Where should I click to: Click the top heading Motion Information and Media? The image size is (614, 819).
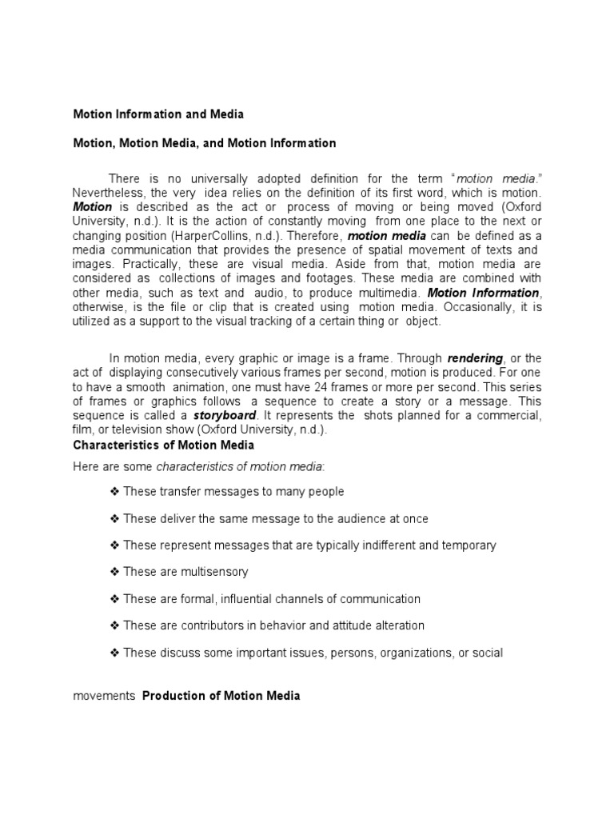pyautogui.click(x=158, y=114)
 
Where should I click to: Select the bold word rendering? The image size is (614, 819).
pyautogui.click(x=475, y=358)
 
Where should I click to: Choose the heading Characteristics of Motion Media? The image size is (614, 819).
pyautogui.click(x=163, y=445)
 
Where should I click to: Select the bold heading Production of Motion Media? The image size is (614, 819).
pyautogui.click(x=221, y=696)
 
